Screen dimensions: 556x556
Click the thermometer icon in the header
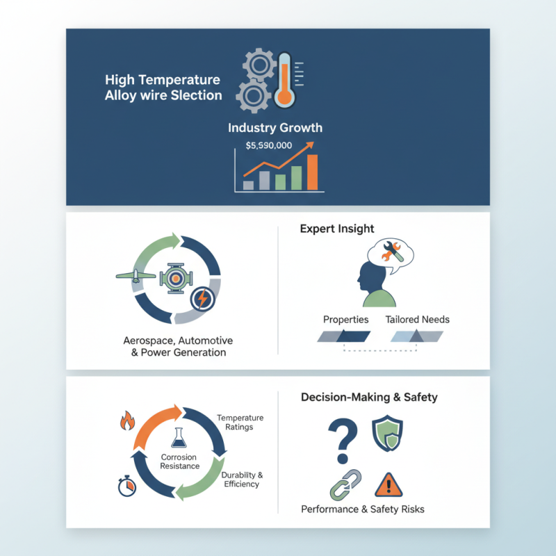click(x=285, y=81)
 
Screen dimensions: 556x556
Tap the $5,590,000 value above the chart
click(x=269, y=145)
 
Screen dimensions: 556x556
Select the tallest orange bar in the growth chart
click(x=312, y=172)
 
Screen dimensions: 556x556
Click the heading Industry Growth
click(x=275, y=128)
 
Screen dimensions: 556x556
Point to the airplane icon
click(x=136, y=275)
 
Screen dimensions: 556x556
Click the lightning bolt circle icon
click(x=202, y=299)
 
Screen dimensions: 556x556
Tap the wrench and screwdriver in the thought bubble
click(x=391, y=251)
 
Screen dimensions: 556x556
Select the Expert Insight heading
click(x=337, y=229)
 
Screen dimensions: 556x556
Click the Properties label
click(x=345, y=320)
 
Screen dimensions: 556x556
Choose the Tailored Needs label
click(x=418, y=320)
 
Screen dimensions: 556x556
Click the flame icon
click(x=127, y=420)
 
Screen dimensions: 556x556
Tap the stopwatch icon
click(x=127, y=486)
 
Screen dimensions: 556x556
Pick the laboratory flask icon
click(x=179, y=437)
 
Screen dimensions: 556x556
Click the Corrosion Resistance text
click(x=179, y=461)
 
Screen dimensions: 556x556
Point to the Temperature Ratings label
click(x=240, y=423)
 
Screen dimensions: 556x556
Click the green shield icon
click(x=387, y=433)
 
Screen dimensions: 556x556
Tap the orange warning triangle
click(x=389, y=484)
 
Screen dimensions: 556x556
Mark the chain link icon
click(x=345, y=484)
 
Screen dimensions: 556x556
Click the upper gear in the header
click(x=259, y=65)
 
